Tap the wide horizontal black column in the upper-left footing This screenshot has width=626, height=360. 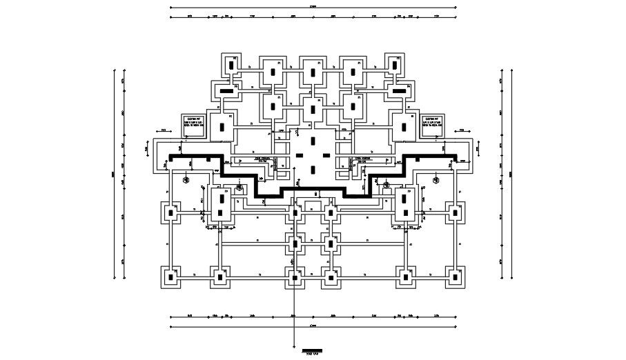(x=225, y=90)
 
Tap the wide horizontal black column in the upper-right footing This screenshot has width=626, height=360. (x=399, y=90)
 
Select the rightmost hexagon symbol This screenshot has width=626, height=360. (x=436, y=180)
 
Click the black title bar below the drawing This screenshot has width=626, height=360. (x=312, y=351)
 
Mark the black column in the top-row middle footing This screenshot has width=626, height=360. (x=313, y=72)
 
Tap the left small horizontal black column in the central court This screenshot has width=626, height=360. (x=299, y=155)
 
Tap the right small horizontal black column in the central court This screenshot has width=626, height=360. (x=327, y=155)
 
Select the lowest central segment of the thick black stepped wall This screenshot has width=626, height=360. (x=313, y=186)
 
